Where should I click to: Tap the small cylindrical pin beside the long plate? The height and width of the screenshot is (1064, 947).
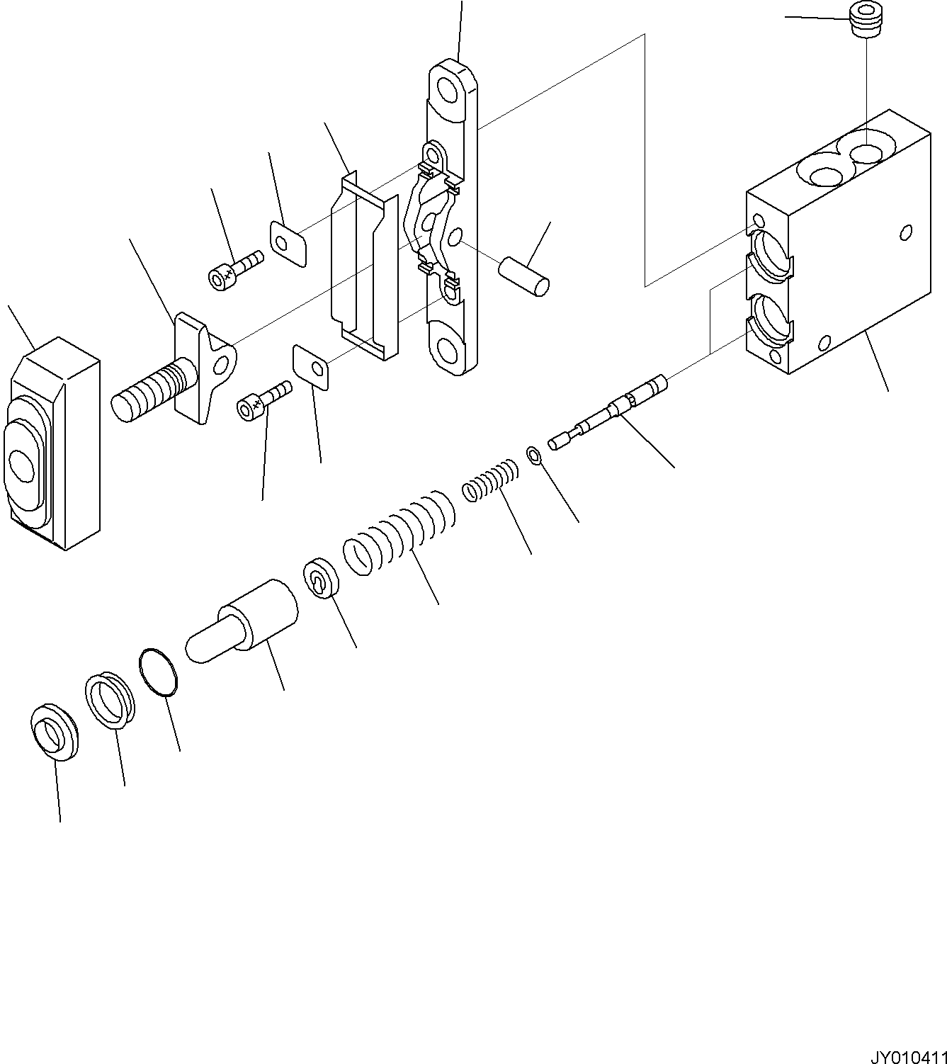(x=523, y=276)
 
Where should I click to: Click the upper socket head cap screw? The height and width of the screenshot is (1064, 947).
(x=235, y=269)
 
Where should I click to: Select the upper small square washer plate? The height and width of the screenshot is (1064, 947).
(x=288, y=243)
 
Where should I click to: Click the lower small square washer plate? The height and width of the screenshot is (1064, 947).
(x=312, y=367)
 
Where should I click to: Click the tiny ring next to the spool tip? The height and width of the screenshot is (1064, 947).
(x=535, y=454)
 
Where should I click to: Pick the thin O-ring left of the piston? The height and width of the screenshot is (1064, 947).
(x=158, y=669)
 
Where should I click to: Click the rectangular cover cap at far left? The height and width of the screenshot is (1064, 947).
(x=53, y=443)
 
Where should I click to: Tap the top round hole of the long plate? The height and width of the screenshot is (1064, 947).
(x=448, y=90)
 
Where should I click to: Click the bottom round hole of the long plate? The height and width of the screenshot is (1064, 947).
(x=448, y=349)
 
